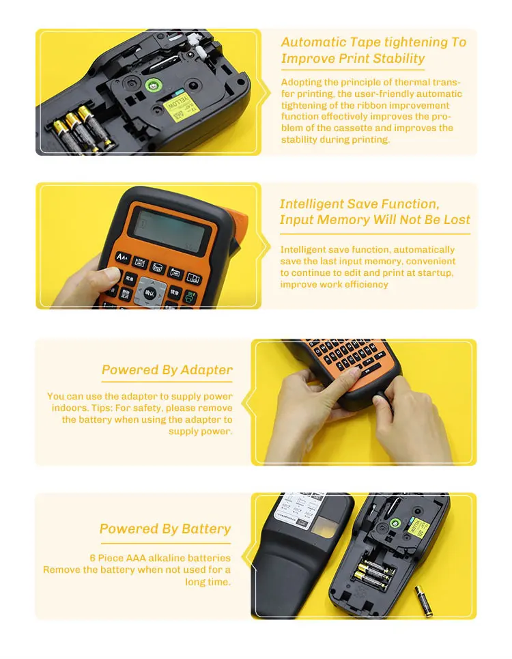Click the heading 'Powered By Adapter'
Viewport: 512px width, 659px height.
pos(167,370)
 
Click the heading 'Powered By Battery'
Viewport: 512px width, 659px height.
pos(165,529)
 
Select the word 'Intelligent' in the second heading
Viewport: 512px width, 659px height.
pos(311,204)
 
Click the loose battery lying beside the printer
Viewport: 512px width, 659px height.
pos(423,600)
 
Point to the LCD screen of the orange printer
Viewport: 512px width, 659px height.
pos(170,228)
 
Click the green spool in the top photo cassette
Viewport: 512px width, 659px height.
pos(154,85)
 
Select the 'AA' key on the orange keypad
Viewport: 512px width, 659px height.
pos(122,257)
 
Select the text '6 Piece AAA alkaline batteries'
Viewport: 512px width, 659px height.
pos(160,558)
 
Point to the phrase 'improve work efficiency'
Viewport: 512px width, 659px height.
pos(334,284)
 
